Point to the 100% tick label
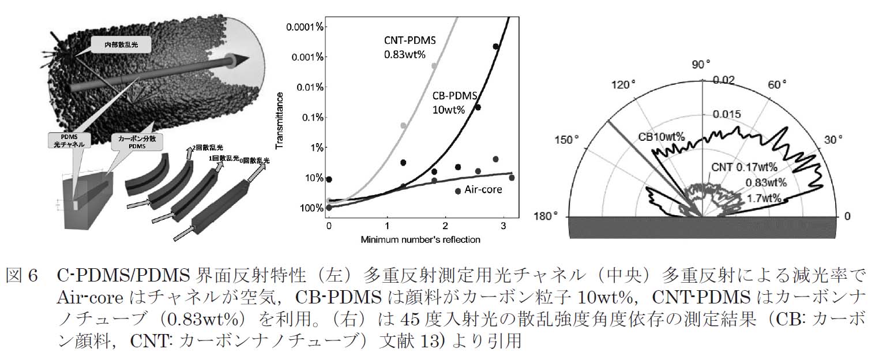[x=311, y=208]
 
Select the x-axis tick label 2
[x=445, y=224]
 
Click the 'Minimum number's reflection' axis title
[x=421, y=238]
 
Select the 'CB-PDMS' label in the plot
[x=454, y=96]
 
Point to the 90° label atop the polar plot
[x=703, y=64]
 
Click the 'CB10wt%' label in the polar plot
[x=661, y=137]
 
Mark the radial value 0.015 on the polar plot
[x=728, y=115]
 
